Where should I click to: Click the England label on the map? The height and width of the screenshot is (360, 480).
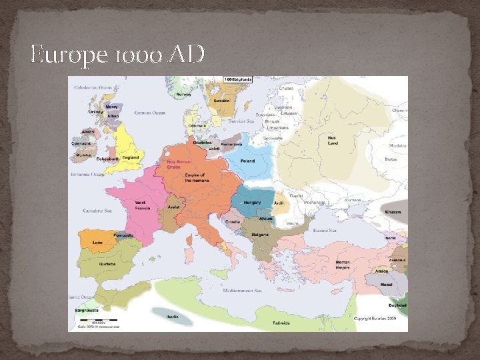click(131, 157)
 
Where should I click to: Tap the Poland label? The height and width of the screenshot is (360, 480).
click(247, 161)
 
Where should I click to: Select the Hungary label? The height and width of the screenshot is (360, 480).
click(253, 202)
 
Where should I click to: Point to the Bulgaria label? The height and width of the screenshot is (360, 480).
click(260, 235)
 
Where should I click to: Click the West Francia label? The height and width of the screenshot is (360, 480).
click(141, 205)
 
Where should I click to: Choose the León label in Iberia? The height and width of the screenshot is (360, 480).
click(97, 242)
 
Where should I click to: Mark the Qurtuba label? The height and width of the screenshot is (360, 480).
click(107, 263)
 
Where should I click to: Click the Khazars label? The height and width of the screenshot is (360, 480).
click(393, 211)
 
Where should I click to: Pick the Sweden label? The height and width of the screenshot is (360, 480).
click(221, 101)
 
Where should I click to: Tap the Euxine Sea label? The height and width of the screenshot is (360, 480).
click(325, 230)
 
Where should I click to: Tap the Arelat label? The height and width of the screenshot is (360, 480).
click(174, 207)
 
